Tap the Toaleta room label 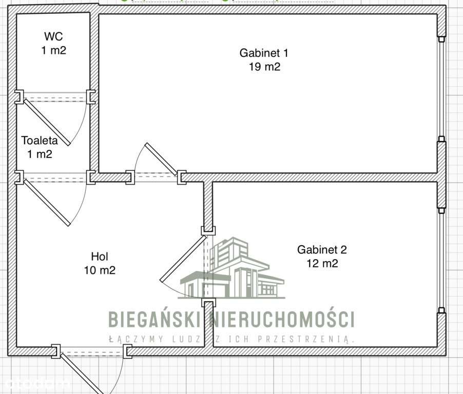(x=39, y=140)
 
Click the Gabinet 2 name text (x=322, y=250)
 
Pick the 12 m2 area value (x=322, y=264)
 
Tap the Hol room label (x=100, y=256)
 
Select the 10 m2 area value (x=100, y=270)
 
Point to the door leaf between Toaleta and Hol (x=46, y=202)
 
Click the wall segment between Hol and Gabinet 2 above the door (x=207, y=205)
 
